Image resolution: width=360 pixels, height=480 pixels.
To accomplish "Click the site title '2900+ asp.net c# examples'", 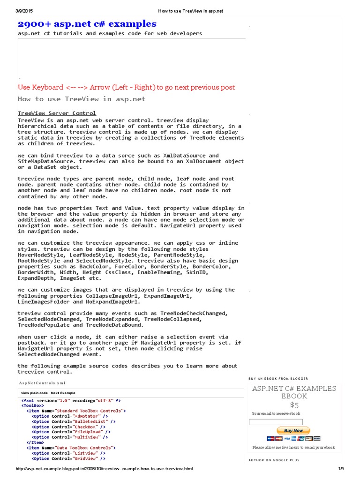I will tap(87, 24).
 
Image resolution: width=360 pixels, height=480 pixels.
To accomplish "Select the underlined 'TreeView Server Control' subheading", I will tap(57, 113).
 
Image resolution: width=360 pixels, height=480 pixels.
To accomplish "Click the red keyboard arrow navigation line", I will tap(126, 87).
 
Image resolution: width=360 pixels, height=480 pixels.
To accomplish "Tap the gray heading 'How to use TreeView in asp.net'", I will tap(82, 99).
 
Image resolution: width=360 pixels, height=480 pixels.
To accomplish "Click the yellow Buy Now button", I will tap(293, 430).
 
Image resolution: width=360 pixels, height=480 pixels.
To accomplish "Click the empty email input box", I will tap(276, 422).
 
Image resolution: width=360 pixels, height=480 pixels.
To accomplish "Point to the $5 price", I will tap(294, 405).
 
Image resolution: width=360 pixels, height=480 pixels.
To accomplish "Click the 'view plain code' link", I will tap(34, 393).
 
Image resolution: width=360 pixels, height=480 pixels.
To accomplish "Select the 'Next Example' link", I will tap(63, 393).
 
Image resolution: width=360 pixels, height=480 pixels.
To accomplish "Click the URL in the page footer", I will tap(104, 469).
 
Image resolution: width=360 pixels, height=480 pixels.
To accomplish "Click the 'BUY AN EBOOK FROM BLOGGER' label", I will tap(278, 379).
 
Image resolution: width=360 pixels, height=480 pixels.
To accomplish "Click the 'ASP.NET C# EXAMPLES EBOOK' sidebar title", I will tap(294, 392).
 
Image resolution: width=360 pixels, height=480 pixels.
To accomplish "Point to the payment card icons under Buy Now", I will tap(293, 438).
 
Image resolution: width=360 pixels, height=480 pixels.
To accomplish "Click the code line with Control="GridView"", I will tap(68, 459).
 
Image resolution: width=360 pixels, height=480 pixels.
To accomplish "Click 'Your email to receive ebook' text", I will tap(276, 414).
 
